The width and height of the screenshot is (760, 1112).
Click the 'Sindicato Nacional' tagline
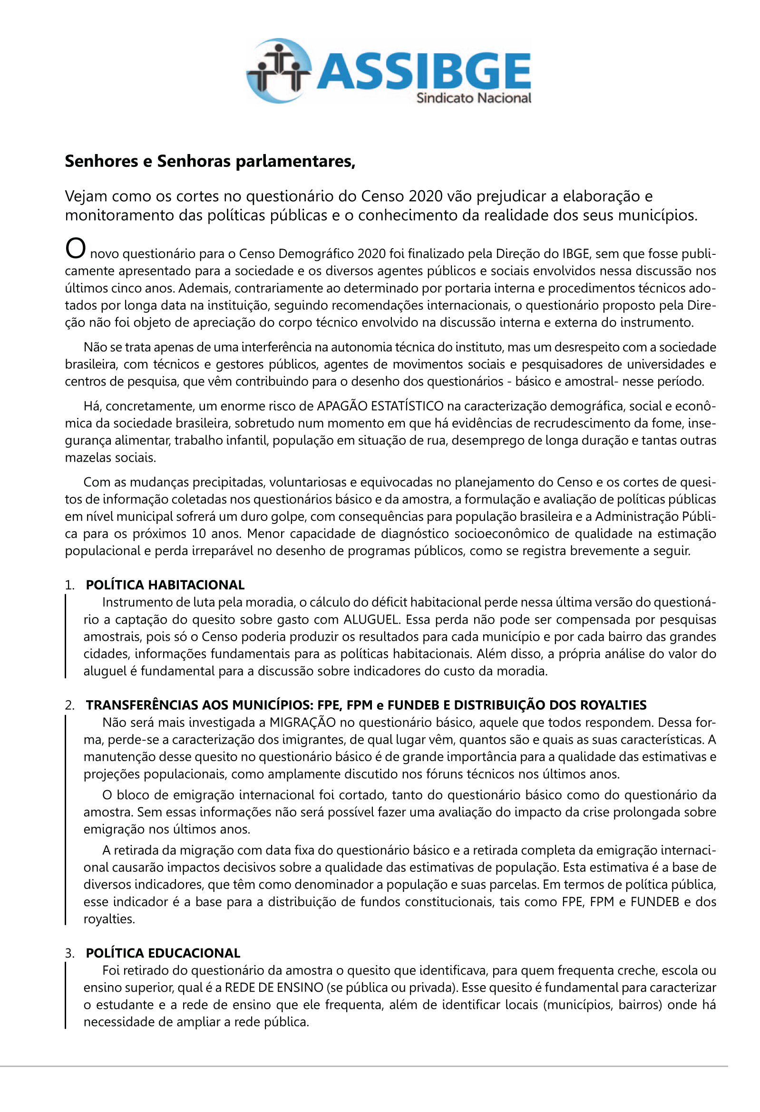click(473, 98)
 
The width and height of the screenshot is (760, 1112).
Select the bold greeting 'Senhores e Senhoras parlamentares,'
click(210, 161)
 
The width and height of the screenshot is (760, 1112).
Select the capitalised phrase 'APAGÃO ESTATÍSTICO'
click(380, 406)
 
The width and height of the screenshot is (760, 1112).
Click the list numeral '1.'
click(70, 585)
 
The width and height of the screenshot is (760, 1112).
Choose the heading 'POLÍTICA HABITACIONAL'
click(165, 585)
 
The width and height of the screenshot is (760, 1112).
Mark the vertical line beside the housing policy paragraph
click(66, 636)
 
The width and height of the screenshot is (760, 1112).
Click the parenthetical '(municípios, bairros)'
click(603, 1005)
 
